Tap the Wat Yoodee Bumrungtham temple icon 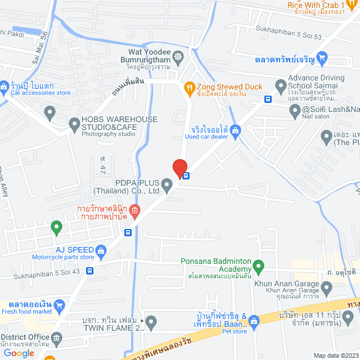179,56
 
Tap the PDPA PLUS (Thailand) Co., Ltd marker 166,184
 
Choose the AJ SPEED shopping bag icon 101,250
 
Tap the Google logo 19,353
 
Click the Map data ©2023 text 335,355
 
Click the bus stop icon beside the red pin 186,175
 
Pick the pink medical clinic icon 134,211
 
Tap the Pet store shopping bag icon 254,321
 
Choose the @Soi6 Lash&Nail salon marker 295,112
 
